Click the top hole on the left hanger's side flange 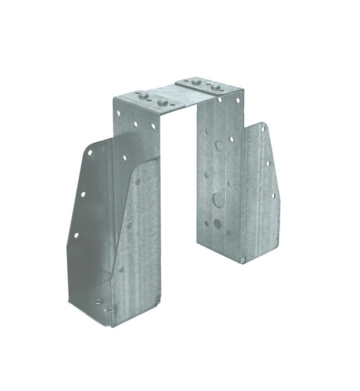pos(90,153)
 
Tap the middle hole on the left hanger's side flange pos(83,194)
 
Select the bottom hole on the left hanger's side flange pos(76,235)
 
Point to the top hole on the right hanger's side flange pos(265,127)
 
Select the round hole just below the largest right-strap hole pos(217,223)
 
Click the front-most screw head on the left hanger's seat pos(109,311)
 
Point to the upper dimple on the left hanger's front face pos(137,181)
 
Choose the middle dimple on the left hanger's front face pos(130,226)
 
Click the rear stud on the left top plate pos(142,94)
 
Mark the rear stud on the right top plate pos(196,79)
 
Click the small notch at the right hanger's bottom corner pos(242,260)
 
